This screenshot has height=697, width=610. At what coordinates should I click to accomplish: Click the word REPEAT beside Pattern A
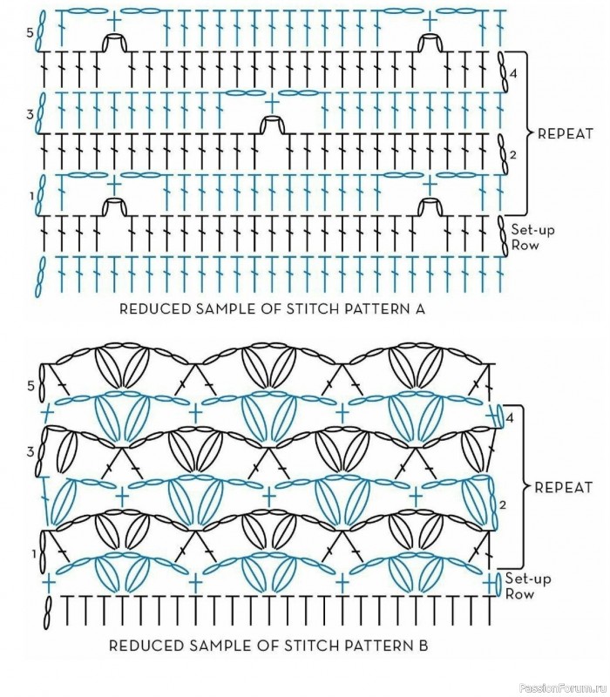566,133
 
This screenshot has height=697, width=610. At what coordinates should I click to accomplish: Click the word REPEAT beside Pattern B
563,487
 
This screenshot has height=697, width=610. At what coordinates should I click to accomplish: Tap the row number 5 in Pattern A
30,32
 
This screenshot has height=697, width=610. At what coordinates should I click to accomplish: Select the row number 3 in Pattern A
30,114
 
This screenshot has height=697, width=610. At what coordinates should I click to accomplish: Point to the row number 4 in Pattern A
513,74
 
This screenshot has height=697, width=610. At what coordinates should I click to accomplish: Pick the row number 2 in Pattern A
513,155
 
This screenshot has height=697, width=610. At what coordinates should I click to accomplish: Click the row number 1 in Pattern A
31,195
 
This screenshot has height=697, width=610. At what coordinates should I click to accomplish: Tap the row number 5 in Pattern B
30,385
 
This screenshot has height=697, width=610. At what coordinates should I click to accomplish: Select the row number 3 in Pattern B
30,451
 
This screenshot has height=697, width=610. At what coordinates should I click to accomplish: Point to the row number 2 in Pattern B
503,505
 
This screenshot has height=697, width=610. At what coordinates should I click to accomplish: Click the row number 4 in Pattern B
510,418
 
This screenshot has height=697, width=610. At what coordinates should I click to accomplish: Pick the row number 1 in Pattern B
34,554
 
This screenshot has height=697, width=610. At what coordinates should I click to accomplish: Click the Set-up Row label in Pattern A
532,237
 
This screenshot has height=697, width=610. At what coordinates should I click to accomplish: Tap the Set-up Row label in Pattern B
528,585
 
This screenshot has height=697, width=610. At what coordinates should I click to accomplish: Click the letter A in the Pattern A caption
419,308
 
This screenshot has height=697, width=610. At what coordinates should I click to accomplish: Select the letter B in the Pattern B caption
424,645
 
